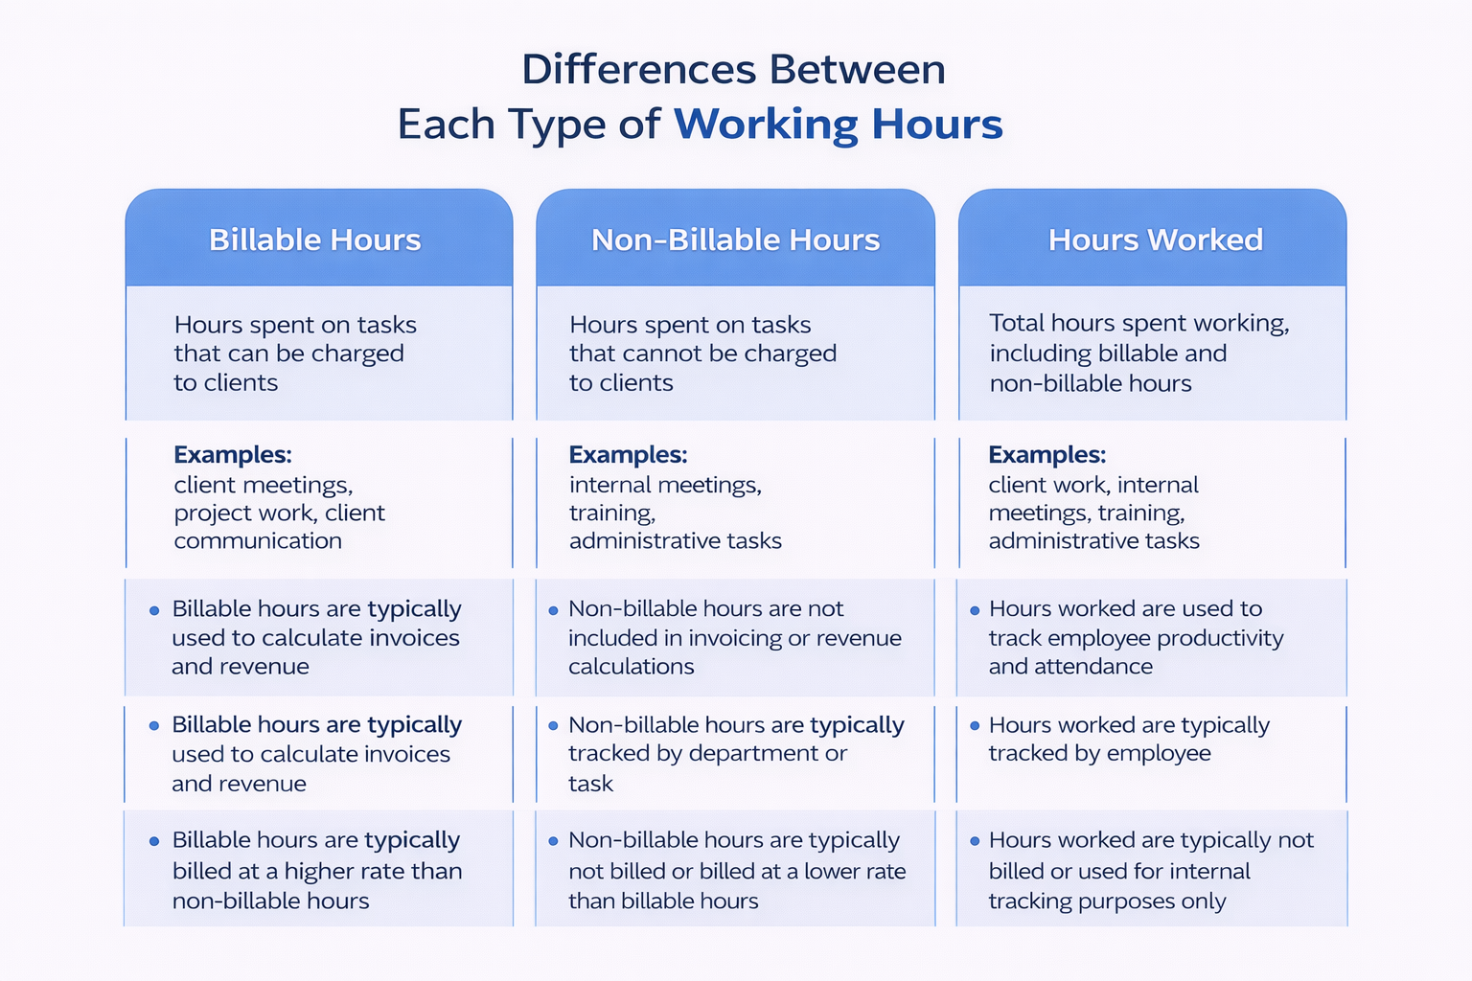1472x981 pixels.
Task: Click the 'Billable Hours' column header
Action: pos(314,240)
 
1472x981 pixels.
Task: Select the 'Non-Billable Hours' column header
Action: pos(735,240)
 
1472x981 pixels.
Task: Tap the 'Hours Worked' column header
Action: pos(1155,240)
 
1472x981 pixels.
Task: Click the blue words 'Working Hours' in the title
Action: pos(839,125)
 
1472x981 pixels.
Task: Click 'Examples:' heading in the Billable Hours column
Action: pos(233,455)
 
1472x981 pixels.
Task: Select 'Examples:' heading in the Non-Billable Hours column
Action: pos(629,455)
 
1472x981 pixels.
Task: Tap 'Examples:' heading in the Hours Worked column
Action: pos(1047,455)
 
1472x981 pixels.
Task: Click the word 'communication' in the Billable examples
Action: pos(258,540)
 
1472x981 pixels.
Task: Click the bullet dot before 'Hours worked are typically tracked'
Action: pos(975,725)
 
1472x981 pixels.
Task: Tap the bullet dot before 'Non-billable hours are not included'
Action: pos(553,610)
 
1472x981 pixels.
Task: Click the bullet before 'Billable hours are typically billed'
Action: pos(154,841)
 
